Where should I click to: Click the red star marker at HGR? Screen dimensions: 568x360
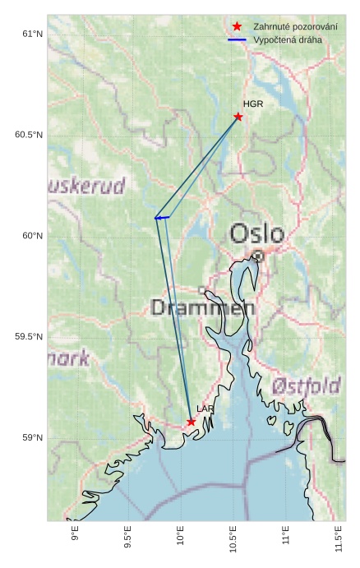(238, 117)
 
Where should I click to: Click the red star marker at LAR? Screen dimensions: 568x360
(191, 422)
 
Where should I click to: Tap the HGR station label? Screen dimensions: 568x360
(253, 104)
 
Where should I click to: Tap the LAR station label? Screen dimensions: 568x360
(205, 409)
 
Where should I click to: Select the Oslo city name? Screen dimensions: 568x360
(256, 234)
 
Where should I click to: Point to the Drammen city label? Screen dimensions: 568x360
(203, 308)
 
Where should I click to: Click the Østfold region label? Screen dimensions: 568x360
(306, 385)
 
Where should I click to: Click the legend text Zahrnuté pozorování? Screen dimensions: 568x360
(295, 27)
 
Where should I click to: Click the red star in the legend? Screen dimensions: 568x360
(237, 27)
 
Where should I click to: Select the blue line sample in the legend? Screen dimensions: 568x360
(237, 39)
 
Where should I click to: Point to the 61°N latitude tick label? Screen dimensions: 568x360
(32, 34)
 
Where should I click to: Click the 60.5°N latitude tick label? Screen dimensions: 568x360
(29, 135)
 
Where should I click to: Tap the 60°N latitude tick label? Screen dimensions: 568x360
(32, 236)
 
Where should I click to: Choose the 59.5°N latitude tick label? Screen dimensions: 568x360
(29, 337)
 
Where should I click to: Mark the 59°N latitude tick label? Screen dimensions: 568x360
(32, 438)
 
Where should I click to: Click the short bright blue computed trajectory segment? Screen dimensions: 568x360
(162, 218)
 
